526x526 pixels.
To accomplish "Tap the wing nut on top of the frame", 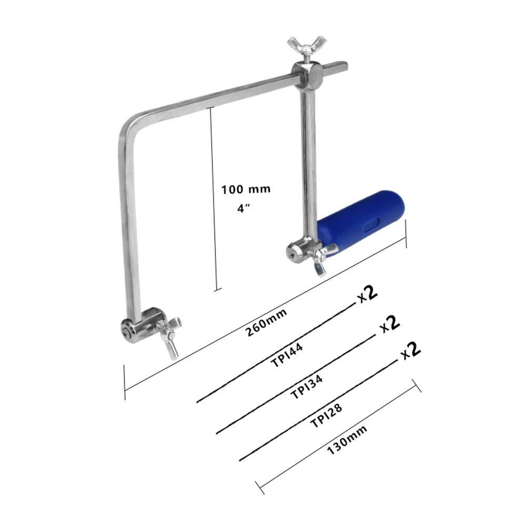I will (x=298, y=47).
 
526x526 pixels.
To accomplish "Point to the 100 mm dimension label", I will (x=246, y=189).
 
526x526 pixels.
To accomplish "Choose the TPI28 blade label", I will (x=328, y=416).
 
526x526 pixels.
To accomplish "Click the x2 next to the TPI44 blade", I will (x=368, y=295).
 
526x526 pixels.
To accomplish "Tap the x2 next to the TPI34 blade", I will (x=390, y=324).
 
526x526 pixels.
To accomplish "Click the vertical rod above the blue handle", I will (x=308, y=158).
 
